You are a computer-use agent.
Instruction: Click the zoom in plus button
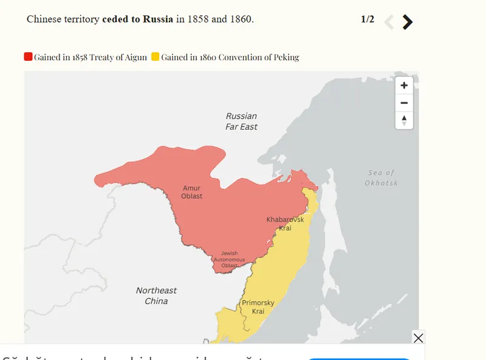click(x=404, y=86)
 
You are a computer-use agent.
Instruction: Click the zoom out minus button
click(x=404, y=103)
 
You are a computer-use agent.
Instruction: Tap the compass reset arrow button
click(x=404, y=120)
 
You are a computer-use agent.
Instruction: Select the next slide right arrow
click(x=408, y=22)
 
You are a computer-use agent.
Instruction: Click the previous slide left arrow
click(x=389, y=22)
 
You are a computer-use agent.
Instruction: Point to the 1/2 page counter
click(x=368, y=19)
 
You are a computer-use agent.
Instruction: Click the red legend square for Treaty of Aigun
click(x=28, y=57)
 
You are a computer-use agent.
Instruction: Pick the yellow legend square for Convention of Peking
click(x=156, y=57)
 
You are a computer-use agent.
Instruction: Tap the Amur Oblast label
click(x=191, y=192)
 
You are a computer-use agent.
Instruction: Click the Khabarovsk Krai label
click(x=285, y=223)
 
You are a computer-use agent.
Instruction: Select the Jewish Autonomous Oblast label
click(x=229, y=260)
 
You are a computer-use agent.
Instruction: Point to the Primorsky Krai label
click(x=258, y=306)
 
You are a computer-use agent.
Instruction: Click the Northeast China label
click(x=156, y=296)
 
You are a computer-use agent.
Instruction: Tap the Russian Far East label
click(x=241, y=121)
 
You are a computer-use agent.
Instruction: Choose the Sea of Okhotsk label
click(x=381, y=178)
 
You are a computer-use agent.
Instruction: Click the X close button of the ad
click(x=418, y=338)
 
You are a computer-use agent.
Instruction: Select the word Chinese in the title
click(x=46, y=19)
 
